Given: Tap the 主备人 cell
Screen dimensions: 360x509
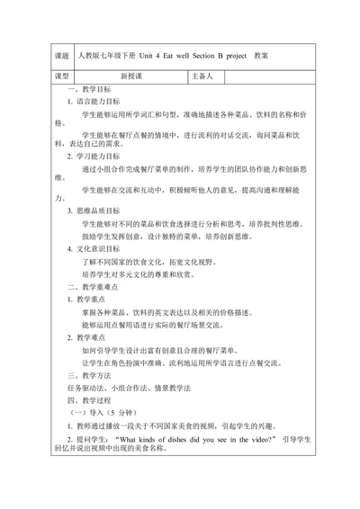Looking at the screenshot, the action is click(x=202, y=77).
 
